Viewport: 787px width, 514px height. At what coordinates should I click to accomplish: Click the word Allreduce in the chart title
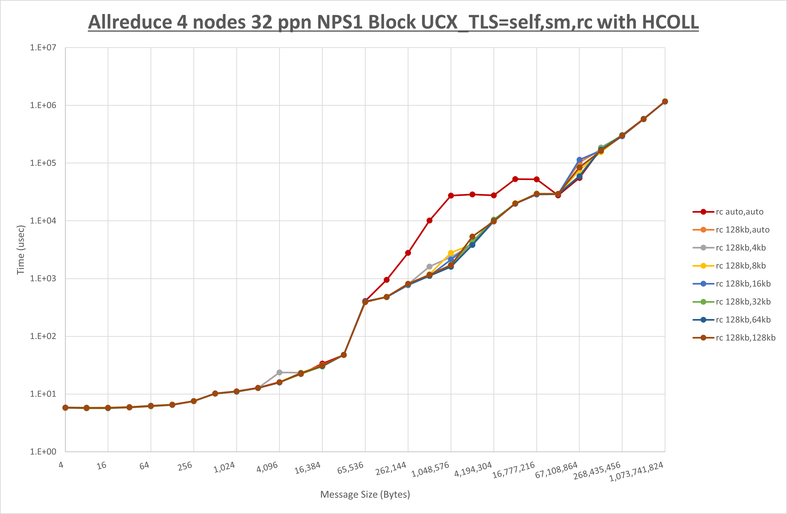coord(130,23)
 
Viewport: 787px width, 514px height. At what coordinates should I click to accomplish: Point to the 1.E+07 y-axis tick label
coord(43,47)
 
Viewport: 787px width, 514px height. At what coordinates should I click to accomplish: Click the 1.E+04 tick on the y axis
coord(43,221)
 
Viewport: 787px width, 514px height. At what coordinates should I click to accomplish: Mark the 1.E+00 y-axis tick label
coord(43,452)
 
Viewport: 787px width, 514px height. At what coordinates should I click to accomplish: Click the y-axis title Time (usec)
coord(21,250)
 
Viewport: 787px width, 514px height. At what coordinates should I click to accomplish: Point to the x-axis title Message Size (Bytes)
coord(365,494)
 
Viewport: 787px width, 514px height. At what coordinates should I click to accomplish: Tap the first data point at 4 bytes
coord(65,408)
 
